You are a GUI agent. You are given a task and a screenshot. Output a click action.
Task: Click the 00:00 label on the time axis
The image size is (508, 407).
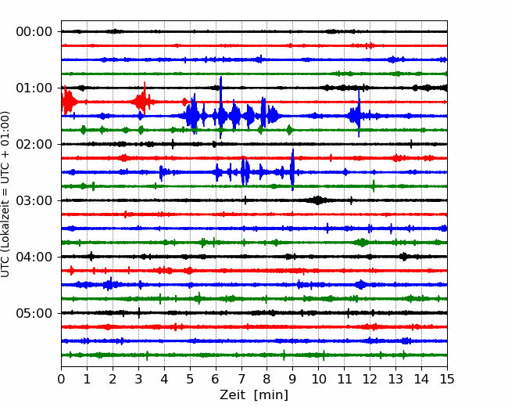pyautogui.click(x=34, y=32)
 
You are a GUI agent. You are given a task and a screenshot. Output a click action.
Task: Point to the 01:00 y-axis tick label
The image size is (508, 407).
pyautogui.click(x=34, y=88)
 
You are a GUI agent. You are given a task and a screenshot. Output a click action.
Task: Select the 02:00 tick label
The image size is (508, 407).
pyautogui.click(x=34, y=144)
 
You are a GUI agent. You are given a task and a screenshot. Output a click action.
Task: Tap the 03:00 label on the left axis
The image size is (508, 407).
pyautogui.click(x=34, y=200)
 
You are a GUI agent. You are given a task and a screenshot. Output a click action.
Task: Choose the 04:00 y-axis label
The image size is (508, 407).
pyautogui.click(x=34, y=257)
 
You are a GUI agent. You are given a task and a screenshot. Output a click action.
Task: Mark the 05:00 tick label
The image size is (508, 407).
pyautogui.click(x=34, y=313)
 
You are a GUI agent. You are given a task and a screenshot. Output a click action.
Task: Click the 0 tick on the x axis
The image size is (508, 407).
pyautogui.click(x=61, y=379)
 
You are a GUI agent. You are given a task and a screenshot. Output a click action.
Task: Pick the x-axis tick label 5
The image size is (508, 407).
pyautogui.click(x=190, y=379)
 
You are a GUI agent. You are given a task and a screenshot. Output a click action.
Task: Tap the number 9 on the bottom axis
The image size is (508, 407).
pyautogui.click(x=293, y=379)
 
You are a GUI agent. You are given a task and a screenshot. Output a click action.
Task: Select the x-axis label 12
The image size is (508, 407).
pyautogui.click(x=370, y=379)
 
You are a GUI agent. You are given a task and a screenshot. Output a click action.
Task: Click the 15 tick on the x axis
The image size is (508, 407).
pyautogui.click(x=447, y=379)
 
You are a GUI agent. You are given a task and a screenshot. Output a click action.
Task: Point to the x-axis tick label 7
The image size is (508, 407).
pyautogui.click(x=241, y=379)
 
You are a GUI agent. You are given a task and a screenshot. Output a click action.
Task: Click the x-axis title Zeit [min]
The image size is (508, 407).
pyautogui.click(x=254, y=395)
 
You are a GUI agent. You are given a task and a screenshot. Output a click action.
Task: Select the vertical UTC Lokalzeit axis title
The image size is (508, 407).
pyautogui.click(x=5, y=194)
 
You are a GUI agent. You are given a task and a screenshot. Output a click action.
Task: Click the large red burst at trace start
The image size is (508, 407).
pyautogui.click(x=68, y=101)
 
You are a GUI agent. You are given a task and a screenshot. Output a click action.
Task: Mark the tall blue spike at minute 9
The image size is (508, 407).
pyautogui.click(x=292, y=169)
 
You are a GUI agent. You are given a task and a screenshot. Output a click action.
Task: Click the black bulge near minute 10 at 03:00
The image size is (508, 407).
pyautogui.click(x=317, y=200)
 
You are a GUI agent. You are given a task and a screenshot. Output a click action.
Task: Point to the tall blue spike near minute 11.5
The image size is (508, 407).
pyautogui.click(x=359, y=113)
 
